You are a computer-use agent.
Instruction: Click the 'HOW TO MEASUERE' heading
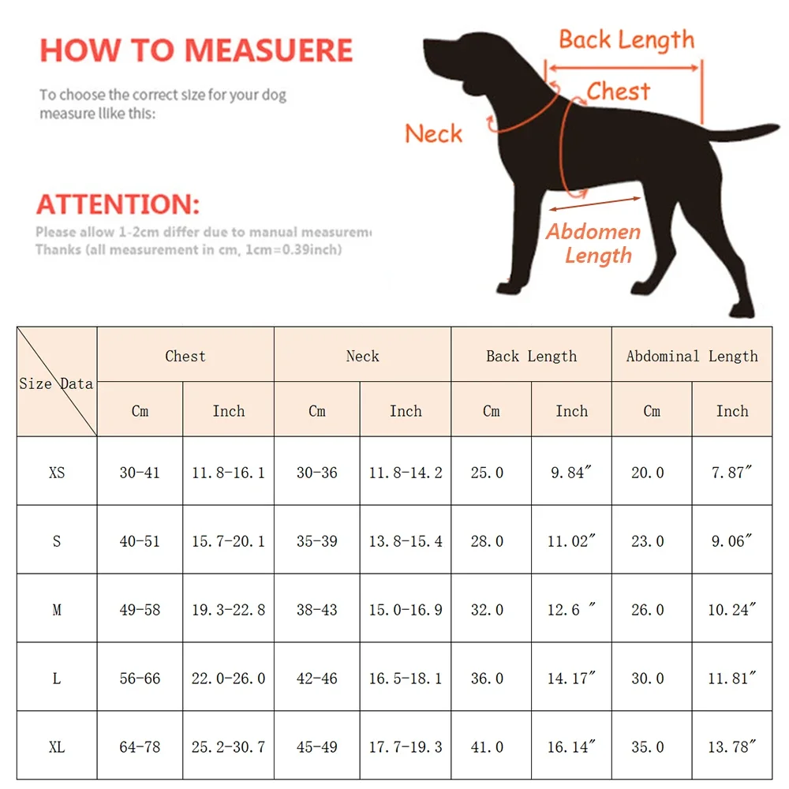[196, 50]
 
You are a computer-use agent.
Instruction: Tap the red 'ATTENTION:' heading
[118, 204]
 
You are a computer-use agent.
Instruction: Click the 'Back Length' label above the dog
[626, 39]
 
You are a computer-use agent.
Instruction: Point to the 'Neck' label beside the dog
[433, 133]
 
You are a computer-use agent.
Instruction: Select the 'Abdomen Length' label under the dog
[594, 244]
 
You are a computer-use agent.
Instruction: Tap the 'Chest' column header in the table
[185, 356]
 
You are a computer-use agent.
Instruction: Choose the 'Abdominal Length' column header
[692, 356]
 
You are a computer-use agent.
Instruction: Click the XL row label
[57, 746]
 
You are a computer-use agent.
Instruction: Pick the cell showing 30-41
[140, 473]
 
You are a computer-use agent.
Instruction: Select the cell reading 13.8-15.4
[406, 541]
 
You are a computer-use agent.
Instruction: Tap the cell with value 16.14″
[571, 746]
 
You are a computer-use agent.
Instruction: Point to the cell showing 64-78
[140, 746]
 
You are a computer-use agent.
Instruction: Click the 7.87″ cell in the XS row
[731, 473]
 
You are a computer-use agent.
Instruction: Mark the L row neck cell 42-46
[316, 679]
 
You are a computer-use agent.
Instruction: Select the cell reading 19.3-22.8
[228, 610]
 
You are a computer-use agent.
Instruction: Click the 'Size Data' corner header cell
[57, 383]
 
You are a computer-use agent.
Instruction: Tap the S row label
[57, 541]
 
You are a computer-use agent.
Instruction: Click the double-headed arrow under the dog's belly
[594, 204]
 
